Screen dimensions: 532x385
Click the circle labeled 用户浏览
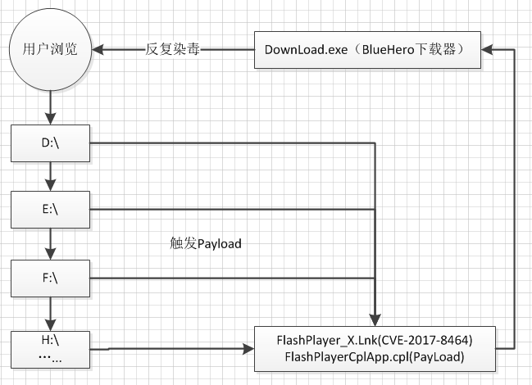[50, 49]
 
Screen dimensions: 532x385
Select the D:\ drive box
[50, 143]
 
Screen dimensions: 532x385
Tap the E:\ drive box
[50, 210]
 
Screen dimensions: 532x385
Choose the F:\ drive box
[50, 279]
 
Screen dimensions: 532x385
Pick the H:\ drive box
[50, 350]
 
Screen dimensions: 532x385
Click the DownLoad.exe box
[367, 50]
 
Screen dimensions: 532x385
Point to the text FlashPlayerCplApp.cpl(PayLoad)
[375, 357]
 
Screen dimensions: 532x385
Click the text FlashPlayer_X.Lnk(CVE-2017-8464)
[375, 340]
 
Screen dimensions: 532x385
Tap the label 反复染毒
[172, 49]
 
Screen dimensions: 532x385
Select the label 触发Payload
[206, 243]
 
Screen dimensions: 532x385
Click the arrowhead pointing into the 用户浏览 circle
[98, 49]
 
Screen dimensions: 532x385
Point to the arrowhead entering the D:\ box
[51, 119]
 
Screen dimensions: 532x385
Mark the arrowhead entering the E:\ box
[51, 185]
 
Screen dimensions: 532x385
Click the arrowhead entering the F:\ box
[51, 254]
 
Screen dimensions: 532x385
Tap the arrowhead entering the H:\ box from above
[51, 325]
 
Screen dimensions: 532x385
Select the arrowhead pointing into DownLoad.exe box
[487, 49]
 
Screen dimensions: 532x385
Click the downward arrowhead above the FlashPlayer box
[375, 320]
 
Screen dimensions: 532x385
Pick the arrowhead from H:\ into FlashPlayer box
[248, 349]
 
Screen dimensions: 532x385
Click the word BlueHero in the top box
[389, 50]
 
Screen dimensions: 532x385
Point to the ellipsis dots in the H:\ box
[50, 358]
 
